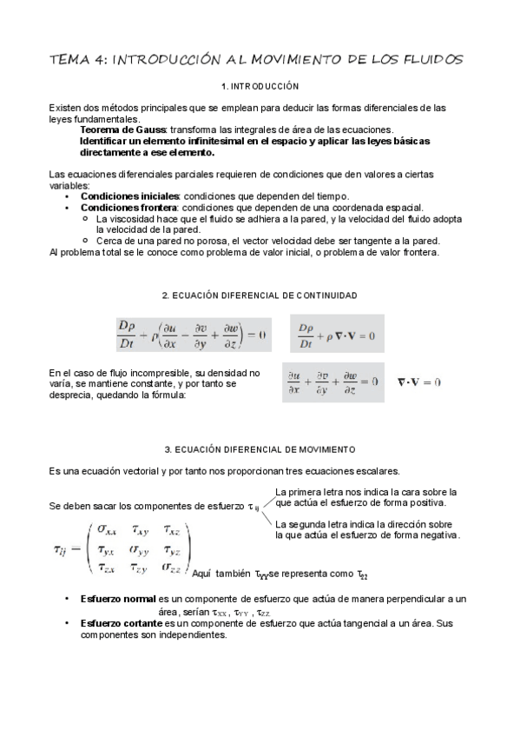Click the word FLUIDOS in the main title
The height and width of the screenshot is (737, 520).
pos(431,59)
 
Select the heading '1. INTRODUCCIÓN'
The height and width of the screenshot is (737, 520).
pos(260,87)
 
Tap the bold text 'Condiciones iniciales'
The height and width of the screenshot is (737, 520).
pos(129,196)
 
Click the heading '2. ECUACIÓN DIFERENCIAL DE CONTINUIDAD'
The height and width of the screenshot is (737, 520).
pos(260,295)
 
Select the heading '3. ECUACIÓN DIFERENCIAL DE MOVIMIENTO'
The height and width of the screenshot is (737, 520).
pos(260,449)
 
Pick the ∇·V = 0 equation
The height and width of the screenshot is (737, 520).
pos(419,382)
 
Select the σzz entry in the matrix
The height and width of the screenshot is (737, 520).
pos(172,567)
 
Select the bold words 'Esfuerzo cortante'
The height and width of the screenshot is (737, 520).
pos(121,623)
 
